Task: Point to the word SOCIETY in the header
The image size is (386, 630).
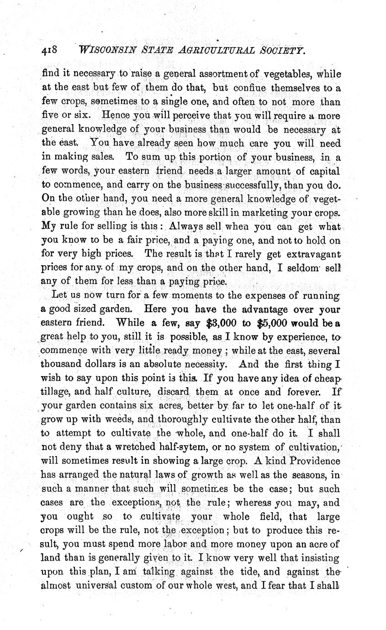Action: (x=279, y=50)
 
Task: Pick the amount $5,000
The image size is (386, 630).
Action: (x=272, y=323)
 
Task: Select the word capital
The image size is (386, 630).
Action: (x=324, y=171)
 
